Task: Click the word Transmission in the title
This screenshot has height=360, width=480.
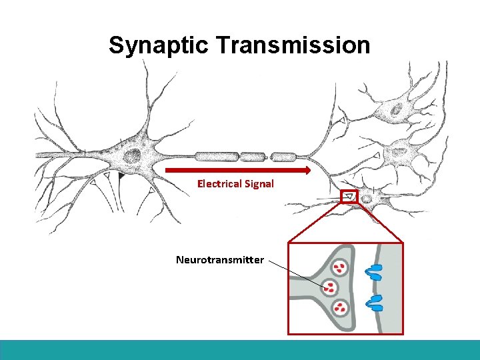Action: click(x=291, y=45)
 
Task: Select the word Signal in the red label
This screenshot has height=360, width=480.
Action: click(x=259, y=183)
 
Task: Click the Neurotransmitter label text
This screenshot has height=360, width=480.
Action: click(x=220, y=259)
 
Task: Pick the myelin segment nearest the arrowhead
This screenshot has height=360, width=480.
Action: click(x=284, y=157)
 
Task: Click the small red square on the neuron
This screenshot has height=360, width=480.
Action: click(x=349, y=197)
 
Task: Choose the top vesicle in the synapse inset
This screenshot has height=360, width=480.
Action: click(x=340, y=268)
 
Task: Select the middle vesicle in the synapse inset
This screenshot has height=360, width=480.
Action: click(x=329, y=288)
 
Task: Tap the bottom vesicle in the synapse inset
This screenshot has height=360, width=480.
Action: click(x=340, y=307)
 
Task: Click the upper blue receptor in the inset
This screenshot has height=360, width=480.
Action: click(x=374, y=272)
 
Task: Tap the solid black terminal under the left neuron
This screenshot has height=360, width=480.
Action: click(x=121, y=177)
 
